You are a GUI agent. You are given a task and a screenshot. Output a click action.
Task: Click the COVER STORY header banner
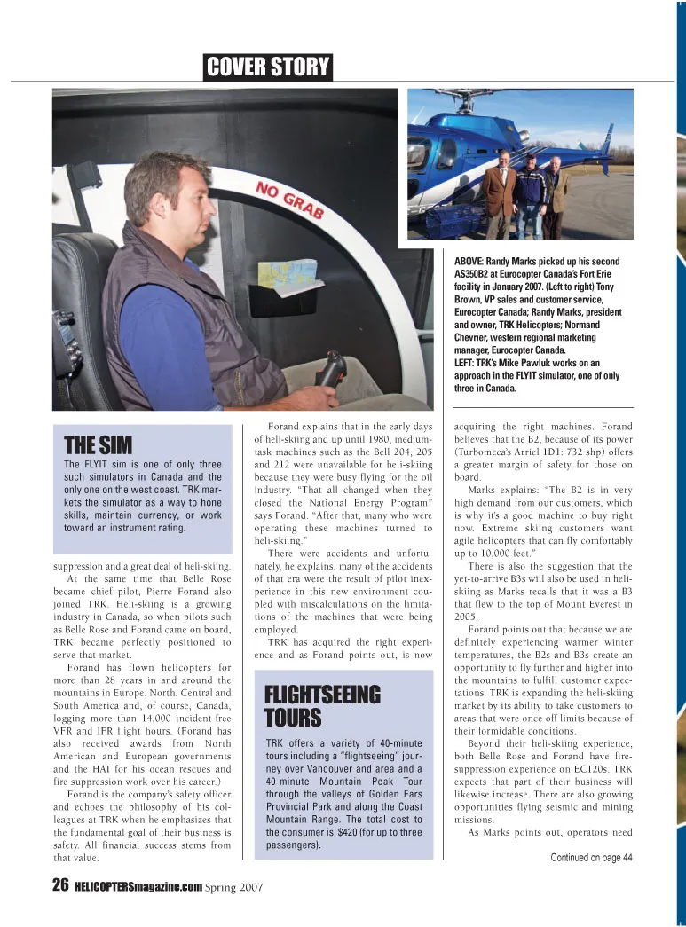(267, 67)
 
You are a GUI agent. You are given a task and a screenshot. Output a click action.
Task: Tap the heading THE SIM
(99, 444)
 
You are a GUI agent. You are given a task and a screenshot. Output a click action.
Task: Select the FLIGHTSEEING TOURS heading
(311, 704)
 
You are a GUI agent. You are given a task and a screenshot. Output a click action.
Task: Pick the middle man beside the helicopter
(530, 197)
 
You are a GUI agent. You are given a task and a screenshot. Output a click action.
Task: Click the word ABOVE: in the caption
(470, 261)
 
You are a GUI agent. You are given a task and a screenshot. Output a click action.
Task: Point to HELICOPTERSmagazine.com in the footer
(138, 886)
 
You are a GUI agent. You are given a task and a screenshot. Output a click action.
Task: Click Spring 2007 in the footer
(233, 886)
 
